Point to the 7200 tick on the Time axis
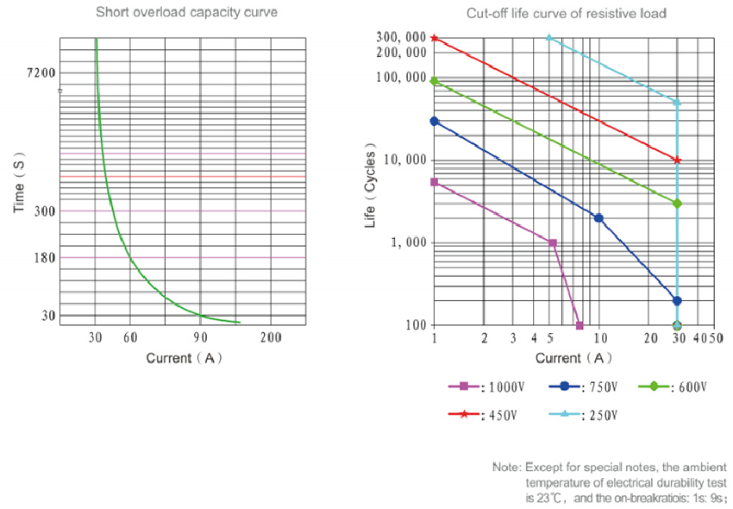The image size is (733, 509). [x=41, y=72]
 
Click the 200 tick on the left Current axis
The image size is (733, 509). [x=270, y=337]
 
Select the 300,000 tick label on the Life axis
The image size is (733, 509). [x=402, y=38]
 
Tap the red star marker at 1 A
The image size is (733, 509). [x=435, y=38]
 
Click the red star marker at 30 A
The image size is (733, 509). [x=677, y=160]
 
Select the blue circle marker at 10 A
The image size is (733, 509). [x=598, y=218]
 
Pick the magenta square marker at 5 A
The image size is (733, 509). [x=553, y=243]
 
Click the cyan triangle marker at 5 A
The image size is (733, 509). [x=549, y=38]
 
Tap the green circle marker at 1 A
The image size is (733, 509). [x=435, y=81]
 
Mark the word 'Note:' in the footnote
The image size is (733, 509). [x=506, y=467]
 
